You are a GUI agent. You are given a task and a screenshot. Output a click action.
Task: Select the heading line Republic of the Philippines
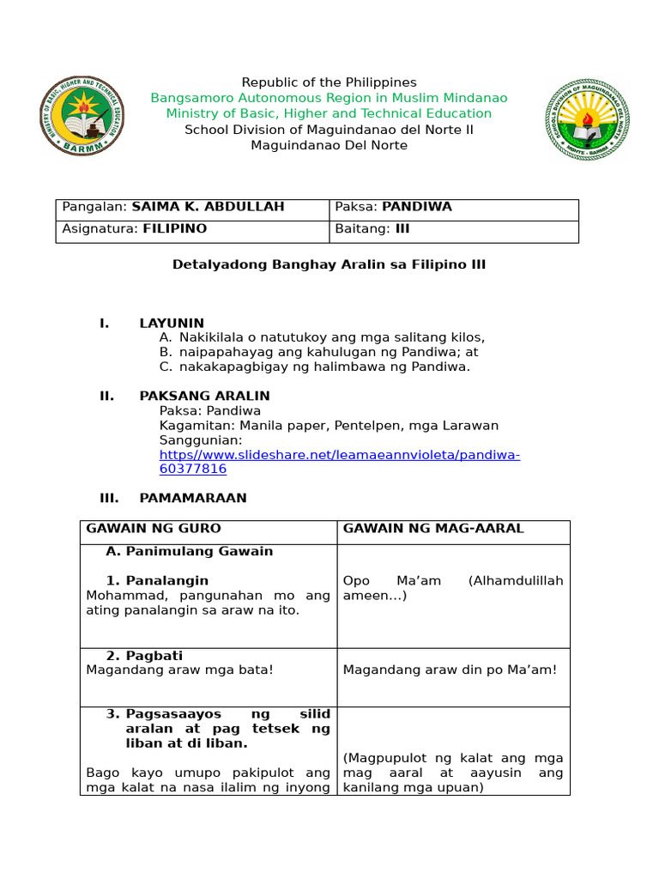(x=329, y=82)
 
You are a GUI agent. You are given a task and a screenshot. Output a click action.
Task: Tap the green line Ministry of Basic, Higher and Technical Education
(x=329, y=113)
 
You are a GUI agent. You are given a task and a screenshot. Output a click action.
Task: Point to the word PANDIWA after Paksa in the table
(x=417, y=207)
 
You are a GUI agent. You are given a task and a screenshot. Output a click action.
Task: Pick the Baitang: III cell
(x=373, y=228)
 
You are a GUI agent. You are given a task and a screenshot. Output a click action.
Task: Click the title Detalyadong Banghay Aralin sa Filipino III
(x=329, y=264)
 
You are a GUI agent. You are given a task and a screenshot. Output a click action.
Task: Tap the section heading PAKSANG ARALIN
(x=204, y=396)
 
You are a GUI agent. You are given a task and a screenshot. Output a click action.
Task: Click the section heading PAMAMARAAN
(x=193, y=498)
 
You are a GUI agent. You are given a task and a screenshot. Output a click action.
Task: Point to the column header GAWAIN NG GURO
(x=154, y=528)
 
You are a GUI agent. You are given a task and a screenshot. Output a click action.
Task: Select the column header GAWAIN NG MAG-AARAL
(x=433, y=528)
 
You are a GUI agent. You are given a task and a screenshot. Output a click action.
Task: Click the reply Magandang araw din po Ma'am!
(x=450, y=670)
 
